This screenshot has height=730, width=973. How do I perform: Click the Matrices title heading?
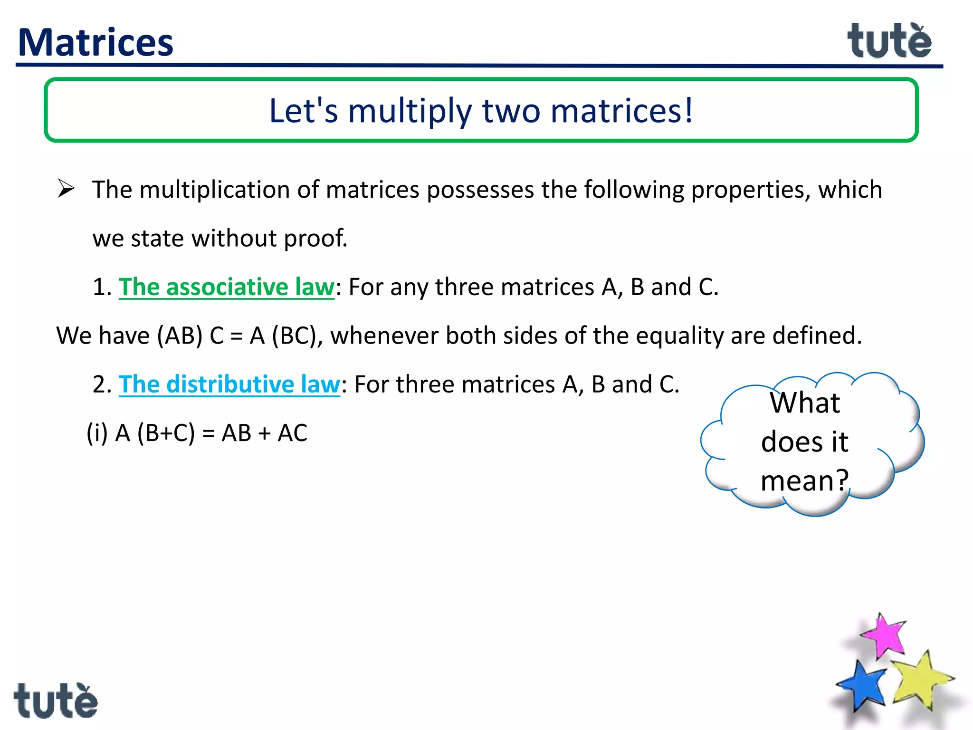coord(95,43)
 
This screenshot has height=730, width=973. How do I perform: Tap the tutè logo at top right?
coord(889,41)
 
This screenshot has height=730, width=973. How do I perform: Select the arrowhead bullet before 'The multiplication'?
coord(66,189)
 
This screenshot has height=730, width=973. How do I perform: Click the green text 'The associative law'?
coord(226,287)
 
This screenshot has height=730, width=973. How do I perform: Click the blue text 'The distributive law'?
coord(229,384)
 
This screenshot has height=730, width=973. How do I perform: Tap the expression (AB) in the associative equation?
coord(180,336)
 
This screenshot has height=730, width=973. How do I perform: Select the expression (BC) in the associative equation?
coord(295,336)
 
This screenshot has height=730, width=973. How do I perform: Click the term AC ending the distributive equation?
coord(292,433)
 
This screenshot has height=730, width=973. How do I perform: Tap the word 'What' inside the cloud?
coord(805,403)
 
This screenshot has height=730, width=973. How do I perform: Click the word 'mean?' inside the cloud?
coord(804,480)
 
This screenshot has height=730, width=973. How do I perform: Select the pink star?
coord(883,636)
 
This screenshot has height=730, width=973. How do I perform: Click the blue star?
coord(862,685)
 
